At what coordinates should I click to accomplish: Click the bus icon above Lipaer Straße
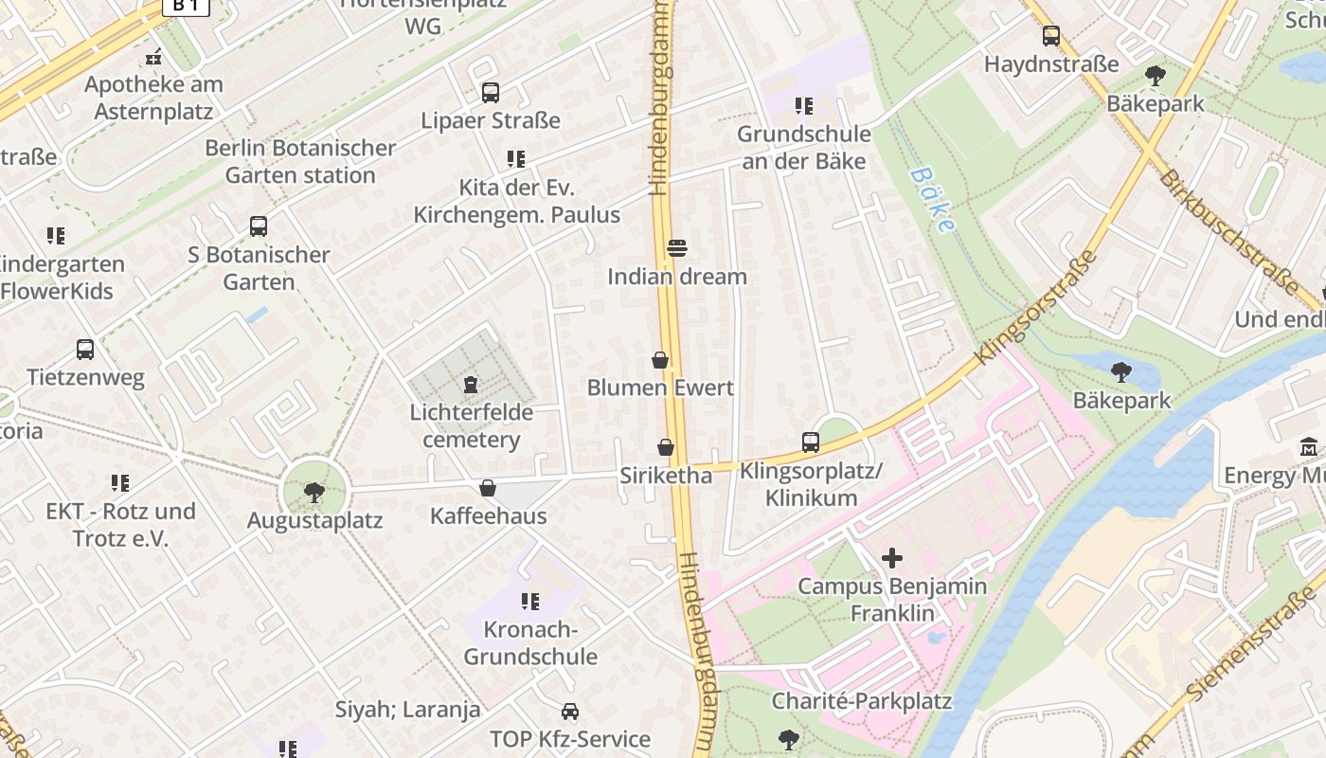tap(490, 93)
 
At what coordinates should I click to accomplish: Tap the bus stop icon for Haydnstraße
tap(1050, 36)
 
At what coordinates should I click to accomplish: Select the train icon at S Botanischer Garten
tap(258, 226)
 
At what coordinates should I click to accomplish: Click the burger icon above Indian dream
tap(677, 248)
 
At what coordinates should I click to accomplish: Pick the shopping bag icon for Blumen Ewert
tap(660, 360)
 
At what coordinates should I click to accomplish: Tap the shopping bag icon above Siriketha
tap(666, 447)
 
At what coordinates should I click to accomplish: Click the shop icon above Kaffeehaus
tap(488, 488)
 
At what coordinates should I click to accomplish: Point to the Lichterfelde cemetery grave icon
tap(470, 385)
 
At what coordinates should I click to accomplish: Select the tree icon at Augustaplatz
tap(314, 492)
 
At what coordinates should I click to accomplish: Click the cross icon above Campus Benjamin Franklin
tap(891, 558)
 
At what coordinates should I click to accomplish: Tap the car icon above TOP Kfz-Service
tap(569, 711)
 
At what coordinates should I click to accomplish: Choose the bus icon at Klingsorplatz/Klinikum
tap(810, 442)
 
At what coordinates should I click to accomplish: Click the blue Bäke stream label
tap(930, 200)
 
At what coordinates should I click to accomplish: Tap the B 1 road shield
tap(186, 6)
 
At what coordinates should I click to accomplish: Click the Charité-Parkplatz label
tap(861, 701)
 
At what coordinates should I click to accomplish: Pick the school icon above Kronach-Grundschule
tap(529, 602)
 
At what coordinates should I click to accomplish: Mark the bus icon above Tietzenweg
tap(85, 350)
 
